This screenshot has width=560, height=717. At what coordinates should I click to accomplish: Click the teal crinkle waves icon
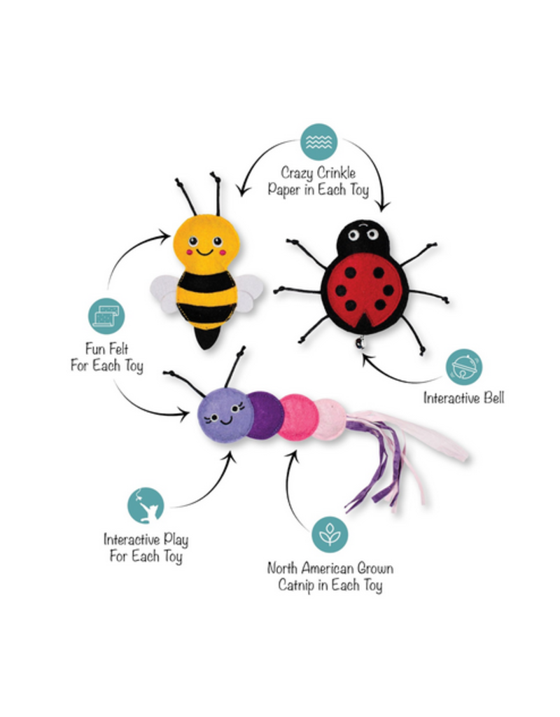click(318, 142)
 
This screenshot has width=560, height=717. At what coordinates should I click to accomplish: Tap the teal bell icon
click(463, 367)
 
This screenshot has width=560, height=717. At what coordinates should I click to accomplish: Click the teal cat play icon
click(146, 505)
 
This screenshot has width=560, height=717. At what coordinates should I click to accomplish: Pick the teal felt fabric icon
click(106, 316)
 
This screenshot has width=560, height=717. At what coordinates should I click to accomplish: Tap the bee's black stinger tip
click(206, 340)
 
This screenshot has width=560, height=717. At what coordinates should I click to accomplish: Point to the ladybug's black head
click(363, 239)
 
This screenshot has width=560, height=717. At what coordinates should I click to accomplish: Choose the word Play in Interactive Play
click(171, 540)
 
